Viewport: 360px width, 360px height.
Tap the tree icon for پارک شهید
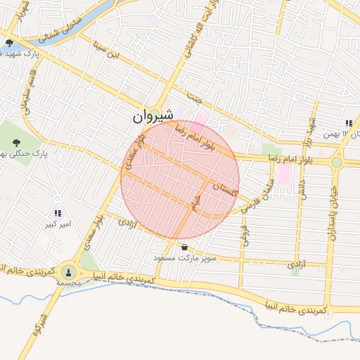coord(9,44)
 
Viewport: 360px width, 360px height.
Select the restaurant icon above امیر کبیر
coord(58,213)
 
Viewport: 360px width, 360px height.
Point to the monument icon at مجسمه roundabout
coord(68,272)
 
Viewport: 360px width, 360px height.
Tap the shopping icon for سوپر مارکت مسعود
coord(184,247)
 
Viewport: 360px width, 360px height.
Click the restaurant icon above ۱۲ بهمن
coord(348,124)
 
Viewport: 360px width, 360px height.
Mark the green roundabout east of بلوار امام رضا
coord(337,162)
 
